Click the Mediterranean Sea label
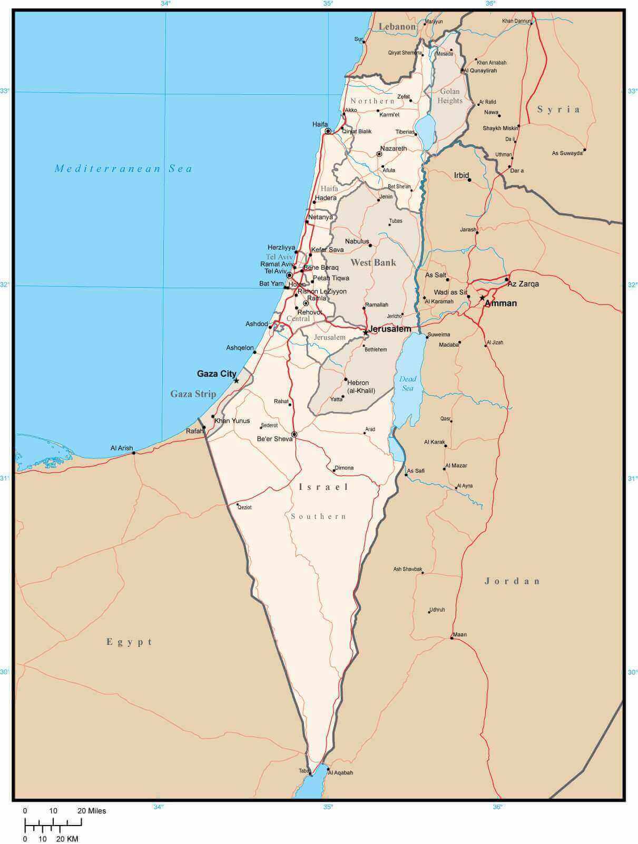[x=124, y=169]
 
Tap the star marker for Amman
[x=482, y=298]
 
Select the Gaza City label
[x=217, y=374]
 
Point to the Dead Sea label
[x=408, y=384]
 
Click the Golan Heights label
[x=450, y=96]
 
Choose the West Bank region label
[x=373, y=262]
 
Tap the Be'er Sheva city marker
[x=295, y=435]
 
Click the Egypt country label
[x=130, y=642]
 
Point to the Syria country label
[x=558, y=110]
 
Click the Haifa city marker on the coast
[x=328, y=131]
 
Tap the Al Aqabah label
[x=340, y=773]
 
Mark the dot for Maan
[x=452, y=638]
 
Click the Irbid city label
[x=462, y=175]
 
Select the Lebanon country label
[x=397, y=26]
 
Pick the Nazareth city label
[x=394, y=149]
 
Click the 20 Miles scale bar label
[x=92, y=811]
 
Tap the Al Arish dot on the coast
[x=134, y=453]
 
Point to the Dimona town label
[x=344, y=468]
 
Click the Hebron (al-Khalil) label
[x=360, y=387]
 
